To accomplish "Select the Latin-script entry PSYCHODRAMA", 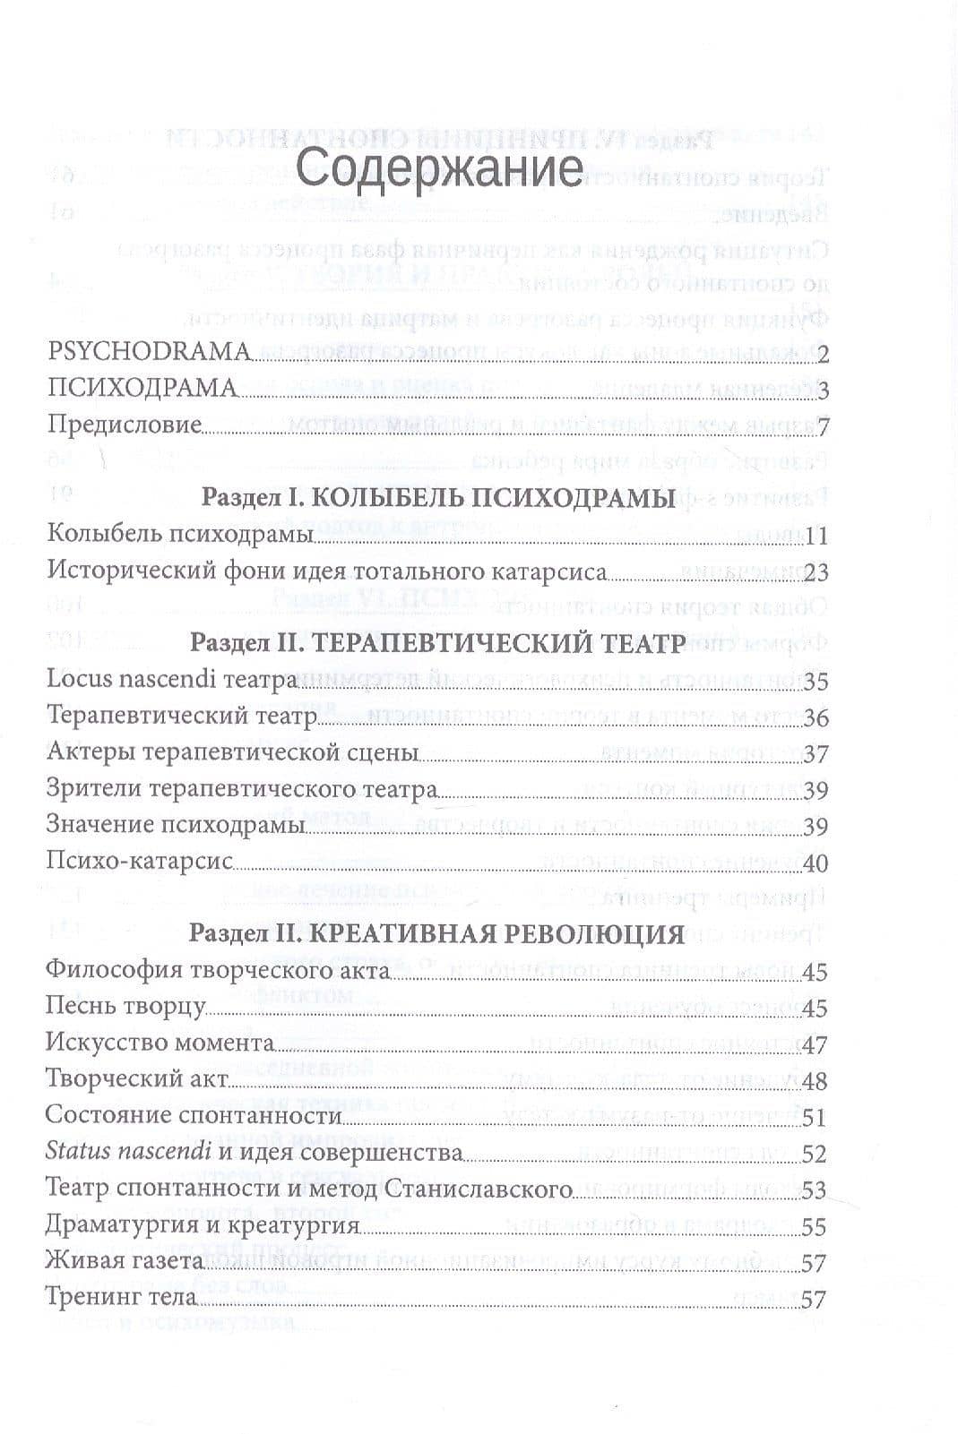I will [x=149, y=352].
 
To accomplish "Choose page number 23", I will [x=815, y=572].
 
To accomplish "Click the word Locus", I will [x=82, y=678].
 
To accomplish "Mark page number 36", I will [x=815, y=717].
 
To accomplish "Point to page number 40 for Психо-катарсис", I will [x=815, y=863].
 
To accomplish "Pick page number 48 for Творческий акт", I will [x=815, y=1081].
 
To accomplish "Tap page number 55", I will [x=815, y=1227].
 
